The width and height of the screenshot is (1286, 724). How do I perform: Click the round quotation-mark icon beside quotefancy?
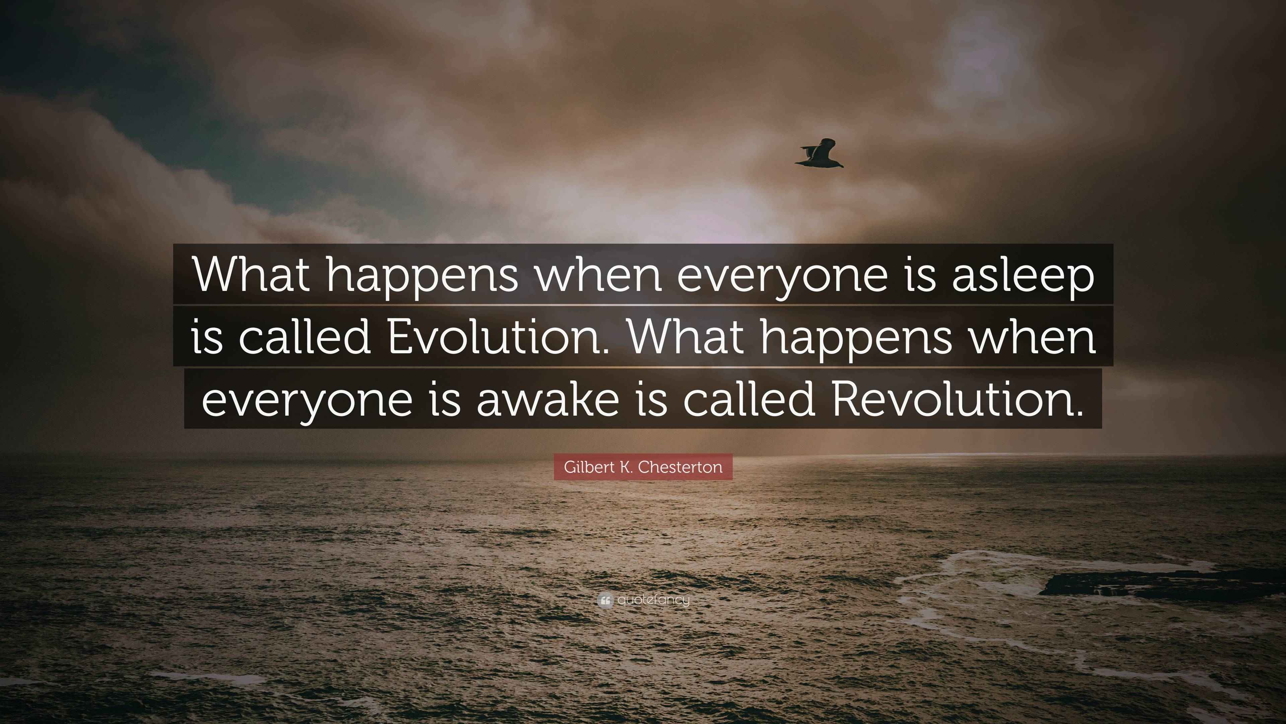(605, 600)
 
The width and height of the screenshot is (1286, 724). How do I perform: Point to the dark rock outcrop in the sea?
(1148, 585)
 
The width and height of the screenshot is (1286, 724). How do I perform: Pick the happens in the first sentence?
(422, 277)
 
